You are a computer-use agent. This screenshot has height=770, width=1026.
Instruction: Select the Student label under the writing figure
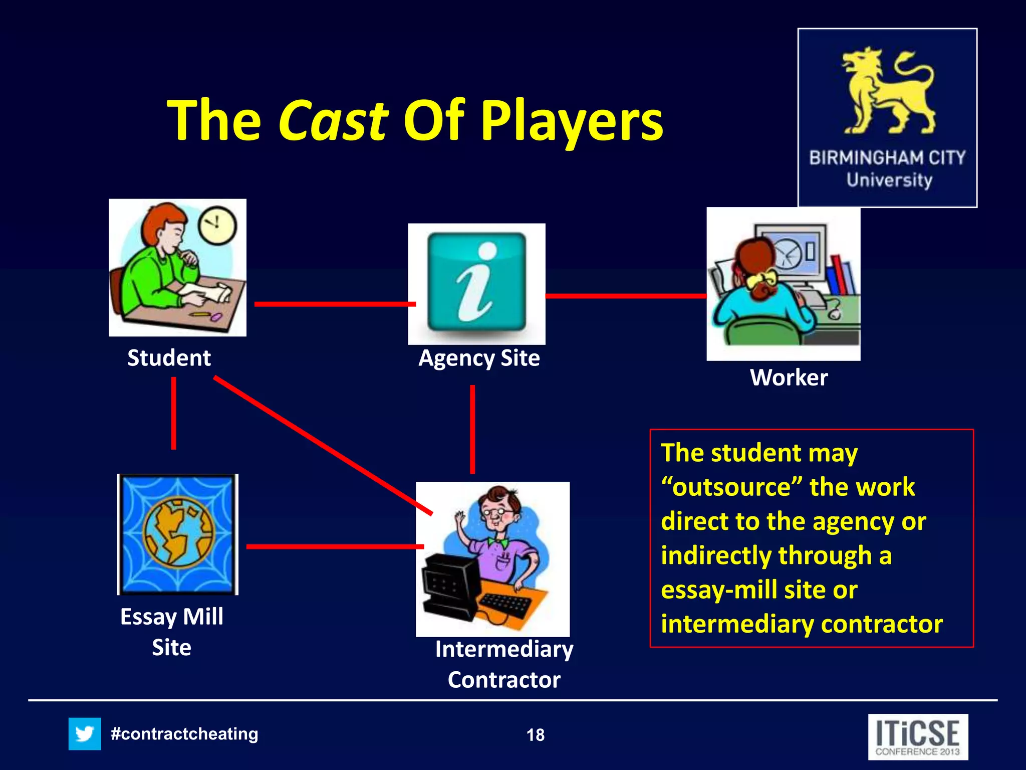(x=169, y=358)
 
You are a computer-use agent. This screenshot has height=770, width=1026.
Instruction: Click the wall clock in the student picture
(x=216, y=225)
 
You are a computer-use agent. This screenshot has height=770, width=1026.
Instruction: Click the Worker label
(x=789, y=377)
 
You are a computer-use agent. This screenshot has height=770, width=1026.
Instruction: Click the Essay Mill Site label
(x=172, y=632)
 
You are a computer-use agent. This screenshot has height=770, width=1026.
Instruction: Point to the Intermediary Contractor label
(x=504, y=664)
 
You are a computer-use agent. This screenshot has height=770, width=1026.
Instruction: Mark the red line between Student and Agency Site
(x=335, y=304)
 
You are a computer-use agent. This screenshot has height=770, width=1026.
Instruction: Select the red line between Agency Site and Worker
(x=625, y=296)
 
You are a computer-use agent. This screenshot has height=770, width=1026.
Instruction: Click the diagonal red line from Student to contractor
(x=323, y=446)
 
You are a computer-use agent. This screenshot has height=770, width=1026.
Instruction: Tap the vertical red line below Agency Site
(x=472, y=429)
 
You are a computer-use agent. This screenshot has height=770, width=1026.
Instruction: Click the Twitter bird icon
(x=85, y=734)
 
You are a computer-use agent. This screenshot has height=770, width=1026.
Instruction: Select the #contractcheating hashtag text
(x=184, y=734)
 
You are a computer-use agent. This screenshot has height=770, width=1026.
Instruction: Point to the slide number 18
(x=535, y=735)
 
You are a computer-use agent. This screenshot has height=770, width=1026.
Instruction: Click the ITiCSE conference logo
(x=918, y=737)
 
